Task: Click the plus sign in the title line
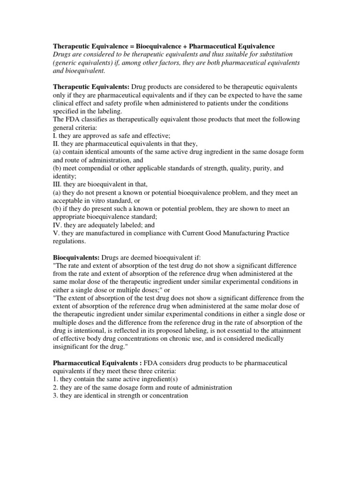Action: point(185,47)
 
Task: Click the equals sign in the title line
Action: point(124,47)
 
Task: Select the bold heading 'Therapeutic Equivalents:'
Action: point(90,87)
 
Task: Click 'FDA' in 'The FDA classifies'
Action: point(72,120)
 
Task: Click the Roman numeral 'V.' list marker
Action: point(55,233)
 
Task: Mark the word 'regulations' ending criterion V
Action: point(68,241)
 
